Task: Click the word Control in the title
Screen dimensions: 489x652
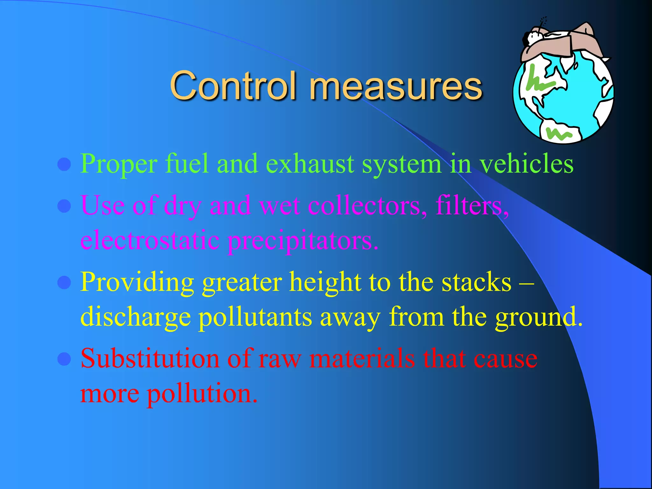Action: [x=234, y=85]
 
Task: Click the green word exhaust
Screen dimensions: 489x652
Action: [x=309, y=164]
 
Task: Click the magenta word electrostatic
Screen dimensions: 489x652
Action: [x=150, y=240]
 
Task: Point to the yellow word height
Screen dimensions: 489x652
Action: [x=325, y=282]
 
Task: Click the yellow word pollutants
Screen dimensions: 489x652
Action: [x=255, y=317]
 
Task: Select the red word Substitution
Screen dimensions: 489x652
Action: [x=150, y=358]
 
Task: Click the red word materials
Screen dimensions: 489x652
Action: [x=362, y=358]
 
